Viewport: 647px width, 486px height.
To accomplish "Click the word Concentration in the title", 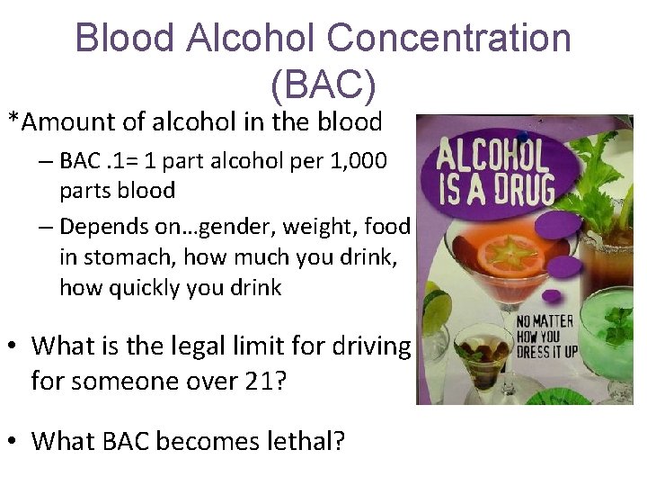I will coord(448,39).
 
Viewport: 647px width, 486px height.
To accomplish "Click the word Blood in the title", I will coord(125,39).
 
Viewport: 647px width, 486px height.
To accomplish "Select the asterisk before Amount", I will coord(13,120).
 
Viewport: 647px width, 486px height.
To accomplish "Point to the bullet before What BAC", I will coord(13,441).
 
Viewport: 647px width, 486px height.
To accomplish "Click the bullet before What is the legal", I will coord(13,345).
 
